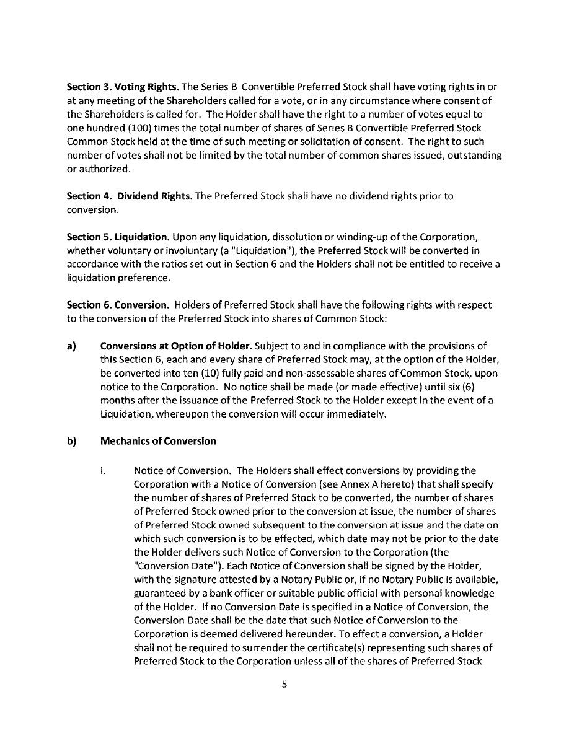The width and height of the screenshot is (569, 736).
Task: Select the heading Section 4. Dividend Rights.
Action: pyautogui.click(x=130, y=196)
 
